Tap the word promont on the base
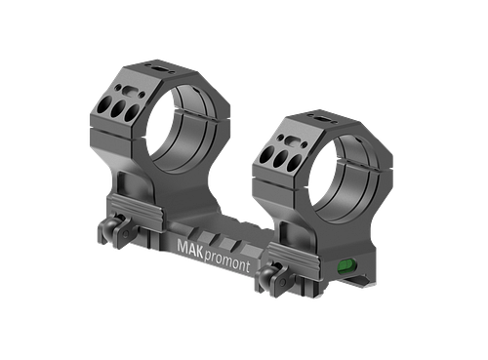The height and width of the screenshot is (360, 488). click(227, 262)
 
